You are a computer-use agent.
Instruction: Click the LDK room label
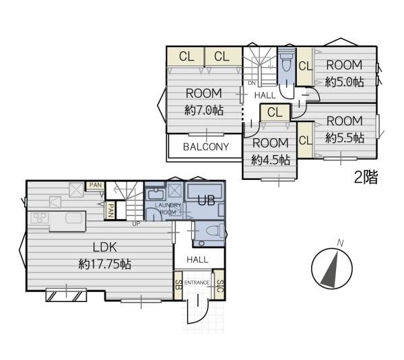(104, 247)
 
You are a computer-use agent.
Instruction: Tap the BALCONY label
(206, 147)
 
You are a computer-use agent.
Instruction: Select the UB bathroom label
(207, 200)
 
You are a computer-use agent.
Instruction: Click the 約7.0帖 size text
(204, 111)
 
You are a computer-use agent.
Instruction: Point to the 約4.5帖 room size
(271, 160)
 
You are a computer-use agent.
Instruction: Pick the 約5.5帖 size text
(345, 138)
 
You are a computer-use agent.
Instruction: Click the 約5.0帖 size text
(344, 82)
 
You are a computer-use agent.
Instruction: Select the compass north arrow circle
(332, 268)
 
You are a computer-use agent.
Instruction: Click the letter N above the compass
(340, 243)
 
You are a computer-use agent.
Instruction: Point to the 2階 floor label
(366, 177)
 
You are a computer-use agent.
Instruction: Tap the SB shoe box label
(178, 285)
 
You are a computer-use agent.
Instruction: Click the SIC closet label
(220, 286)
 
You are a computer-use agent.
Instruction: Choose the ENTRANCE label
(197, 282)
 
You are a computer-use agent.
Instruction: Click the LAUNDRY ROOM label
(168, 208)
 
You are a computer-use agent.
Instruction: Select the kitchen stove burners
(40, 217)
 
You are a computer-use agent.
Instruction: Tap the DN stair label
(252, 83)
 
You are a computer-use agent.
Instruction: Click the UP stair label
(136, 224)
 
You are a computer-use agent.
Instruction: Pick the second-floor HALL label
(265, 96)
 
